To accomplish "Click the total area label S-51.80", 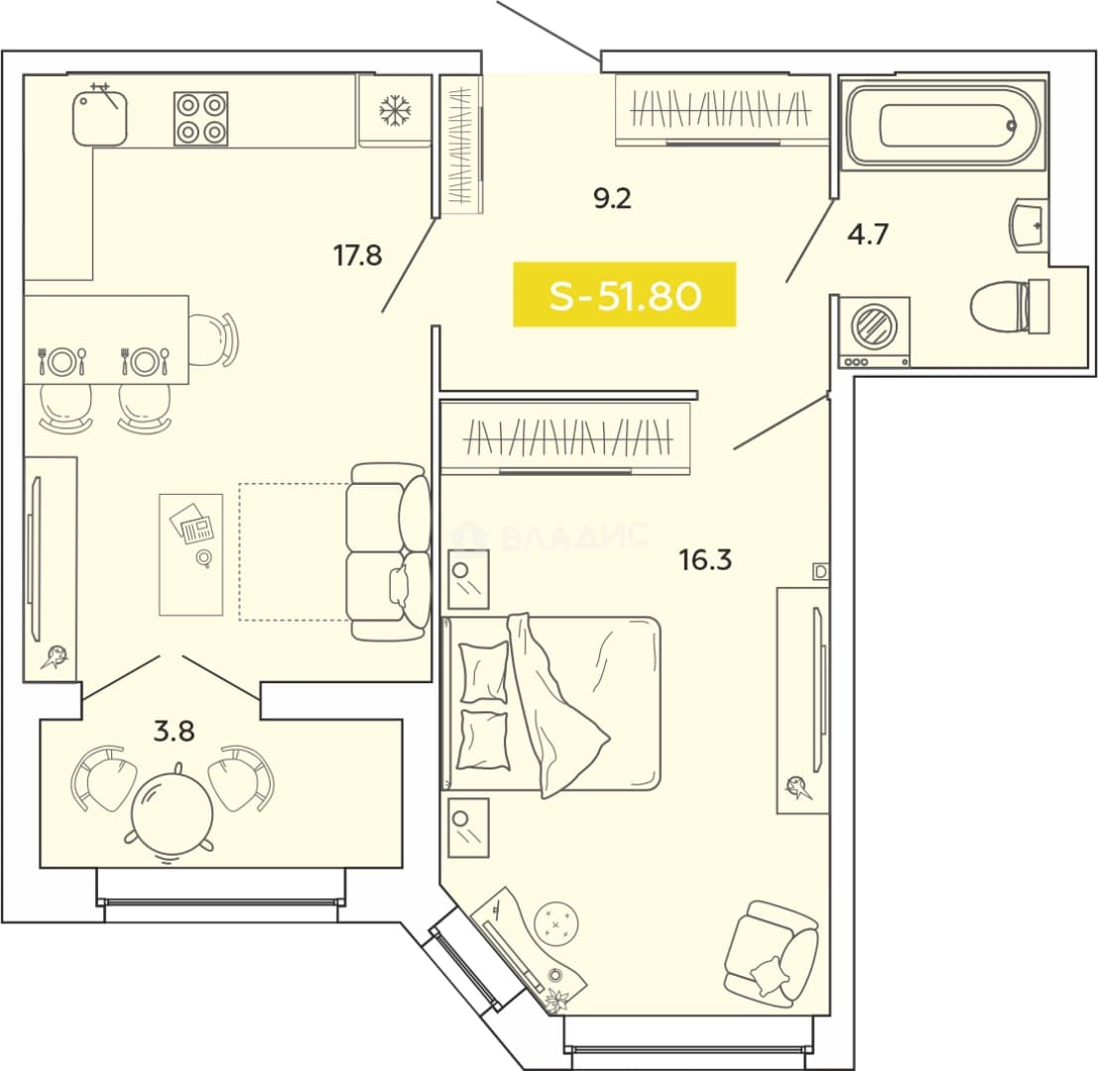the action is pyautogui.click(x=625, y=296).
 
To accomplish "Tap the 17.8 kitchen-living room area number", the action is pyautogui.click(x=358, y=256).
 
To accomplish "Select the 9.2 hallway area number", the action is pyautogui.click(x=612, y=198).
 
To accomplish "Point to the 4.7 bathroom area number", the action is pyautogui.click(x=868, y=234).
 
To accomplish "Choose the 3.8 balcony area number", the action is pyautogui.click(x=174, y=732).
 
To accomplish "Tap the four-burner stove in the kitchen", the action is pyautogui.click(x=201, y=119).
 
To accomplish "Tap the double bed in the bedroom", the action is pyautogui.click(x=551, y=704).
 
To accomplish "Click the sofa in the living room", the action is pyautogui.click(x=389, y=551).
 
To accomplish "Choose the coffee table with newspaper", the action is pyautogui.click(x=191, y=555).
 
